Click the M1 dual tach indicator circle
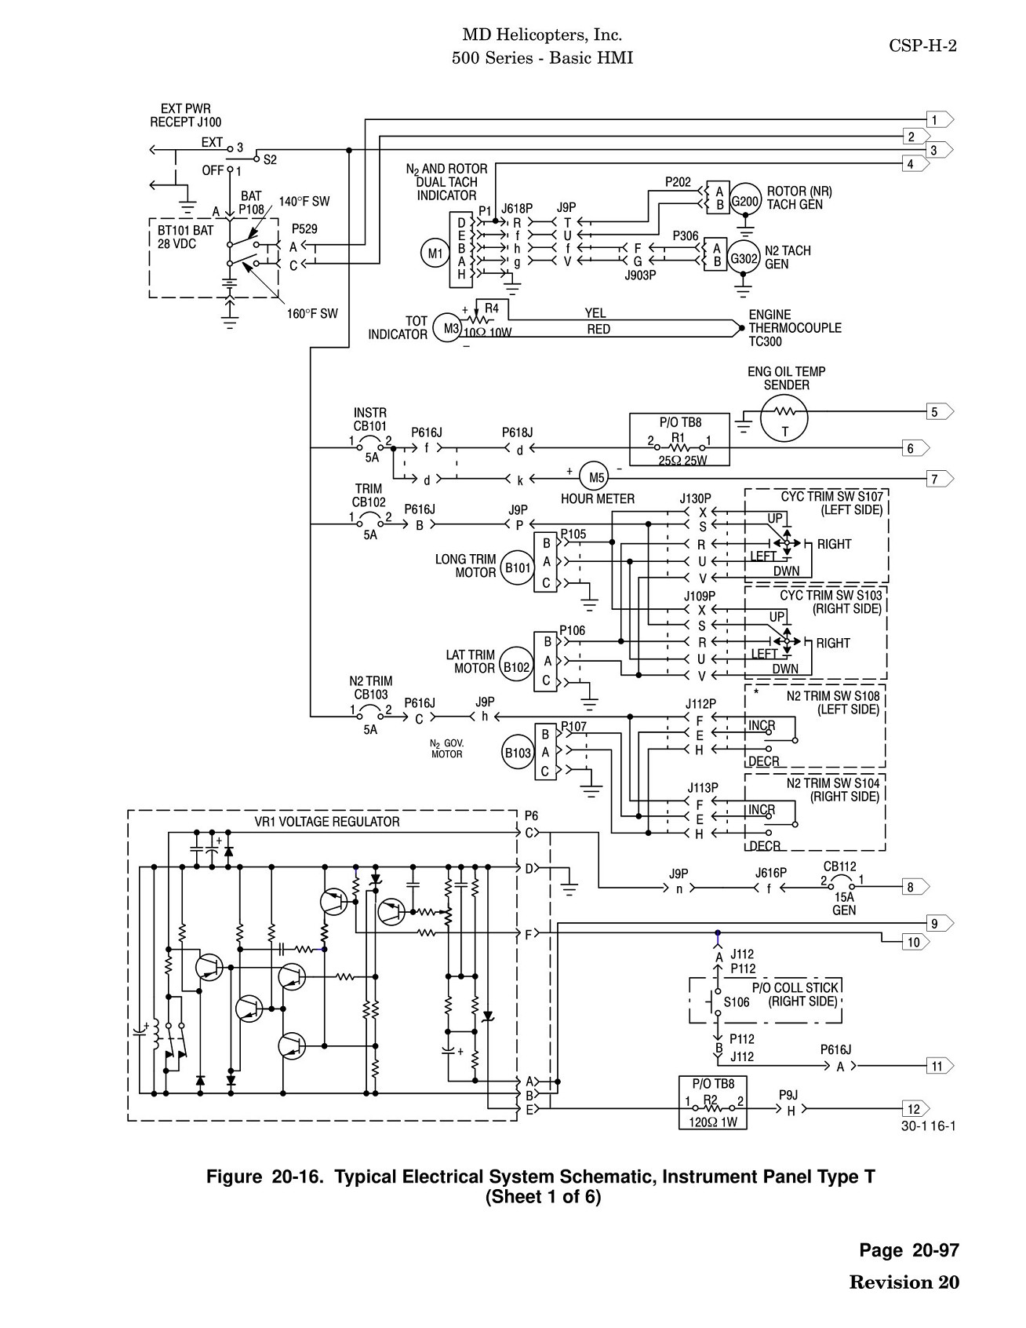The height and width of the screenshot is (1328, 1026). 434,254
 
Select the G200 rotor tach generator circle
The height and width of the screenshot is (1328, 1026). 744,200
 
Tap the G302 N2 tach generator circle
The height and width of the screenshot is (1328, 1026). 744,257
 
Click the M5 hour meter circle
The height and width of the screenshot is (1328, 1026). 598,477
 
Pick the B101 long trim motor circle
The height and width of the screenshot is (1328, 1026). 517,567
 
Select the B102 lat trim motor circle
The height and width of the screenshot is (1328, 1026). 517,667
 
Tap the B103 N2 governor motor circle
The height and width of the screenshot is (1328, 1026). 517,753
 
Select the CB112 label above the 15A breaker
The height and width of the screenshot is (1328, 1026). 840,866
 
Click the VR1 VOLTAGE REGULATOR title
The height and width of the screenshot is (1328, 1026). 327,821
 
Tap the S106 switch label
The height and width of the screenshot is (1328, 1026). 737,1002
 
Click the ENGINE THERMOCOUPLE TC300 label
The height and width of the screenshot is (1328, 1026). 795,328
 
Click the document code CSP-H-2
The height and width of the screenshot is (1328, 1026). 922,46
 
